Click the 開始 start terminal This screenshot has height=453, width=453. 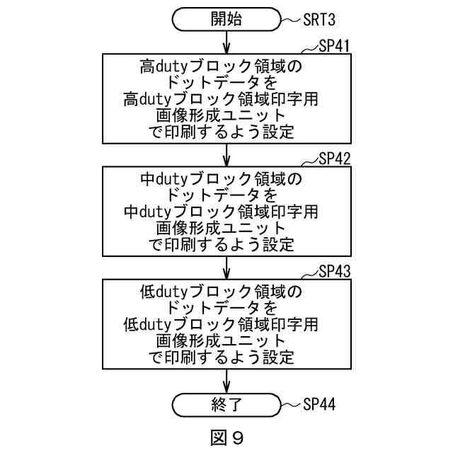[226, 20]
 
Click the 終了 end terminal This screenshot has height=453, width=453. [226, 404]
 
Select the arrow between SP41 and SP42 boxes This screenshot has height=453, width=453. [226, 154]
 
